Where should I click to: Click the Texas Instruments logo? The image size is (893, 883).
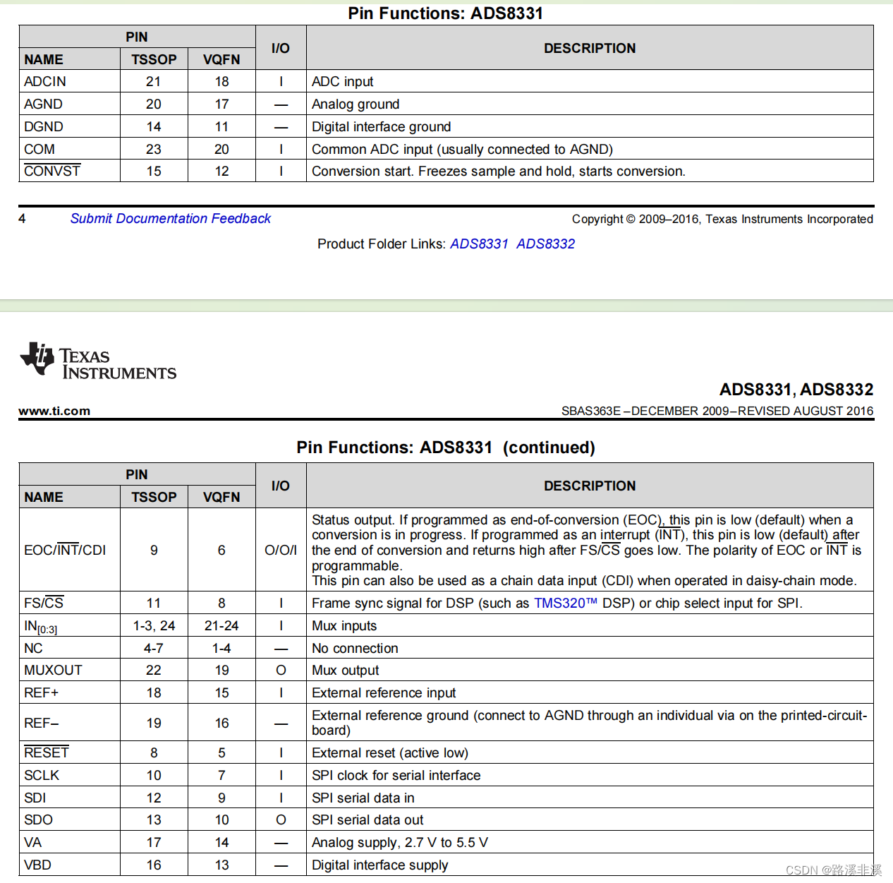pyautogui.click(x=98, y=361)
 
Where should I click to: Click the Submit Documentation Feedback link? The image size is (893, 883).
pyautogui.click(x=170, y=219)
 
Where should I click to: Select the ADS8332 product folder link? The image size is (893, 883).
pyautogui.click(x=545, y=244)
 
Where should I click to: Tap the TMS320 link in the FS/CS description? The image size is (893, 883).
pyautogui.click(x=565, y=603)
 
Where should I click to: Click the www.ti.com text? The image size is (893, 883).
pyautogui.click(x=54, y=412)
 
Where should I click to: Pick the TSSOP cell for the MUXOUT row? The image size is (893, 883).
pyautogui.click(x=154, y=671)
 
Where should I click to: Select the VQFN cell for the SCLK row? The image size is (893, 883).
pyautogui.click(x=221, y=776)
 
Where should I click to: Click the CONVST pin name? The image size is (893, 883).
pyautogui.click(x=52, y=172)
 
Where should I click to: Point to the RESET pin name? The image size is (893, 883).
pyautogui.click(x=47, y=753)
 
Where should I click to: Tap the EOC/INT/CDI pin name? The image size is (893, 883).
pyautogui.click(x=65, y=551)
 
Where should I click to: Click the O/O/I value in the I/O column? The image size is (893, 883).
pyautogui.click(x=281, y=551)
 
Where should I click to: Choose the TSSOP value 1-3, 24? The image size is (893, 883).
pyautogui.click(x=154, y=626)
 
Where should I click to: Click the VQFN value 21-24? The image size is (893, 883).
pyautogui.click(x=221, y=626)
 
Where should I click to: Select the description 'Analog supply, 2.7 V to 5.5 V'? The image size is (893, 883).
pyautogui.click(x=400, y=843)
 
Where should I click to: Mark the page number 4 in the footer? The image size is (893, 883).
pyautogui.click(x=22, y=219)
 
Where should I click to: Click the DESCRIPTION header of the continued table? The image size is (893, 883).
pyautogui.click(x=590, y=486)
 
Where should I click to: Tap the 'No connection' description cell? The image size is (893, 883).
pyautogui.click(x=355, y=649)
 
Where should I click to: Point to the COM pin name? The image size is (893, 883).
pyautogui.click(x=40, y=150)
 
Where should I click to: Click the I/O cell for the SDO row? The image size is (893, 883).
pyautogui.click(x=281, y=820)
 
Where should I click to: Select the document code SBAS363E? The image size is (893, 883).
pyautogui.click(x=591, y=412)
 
